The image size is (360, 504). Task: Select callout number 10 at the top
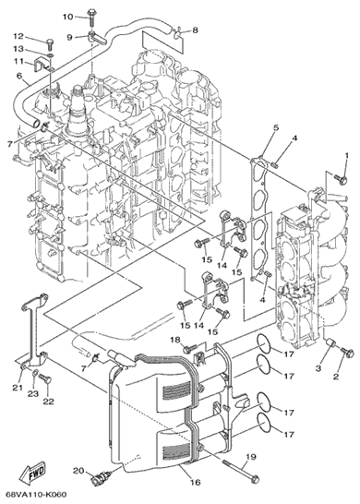pyautogui.click(x=67, y=17)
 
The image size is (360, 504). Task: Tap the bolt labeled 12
pyautogui.click(x=50, y=43)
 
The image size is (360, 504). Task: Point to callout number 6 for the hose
pyautogui.click(x=19, y=77)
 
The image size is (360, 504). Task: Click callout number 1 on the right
pyautogui.click(x=347, y=156)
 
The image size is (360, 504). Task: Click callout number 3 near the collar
pyautogui.click(x=318, y=368)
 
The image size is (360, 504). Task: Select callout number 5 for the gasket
pyautogui.click(x=276, y=127)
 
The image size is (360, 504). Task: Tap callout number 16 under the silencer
pyautogui.click(x=195, y=482)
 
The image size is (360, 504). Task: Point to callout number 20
pyautogui.click(x=78, y=471)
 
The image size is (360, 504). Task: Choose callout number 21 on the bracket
pyautogui.click(x=18, y=388)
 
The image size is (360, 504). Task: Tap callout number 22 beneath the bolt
pyautogui.click(x=48, y=402)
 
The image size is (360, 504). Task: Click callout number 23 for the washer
pyautogui.click(x=34, y=393)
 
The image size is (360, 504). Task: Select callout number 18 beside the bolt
pyautogui.click(x=175, y=340)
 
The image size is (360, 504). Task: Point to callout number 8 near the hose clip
pyautogui.click(x=195, y=30)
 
